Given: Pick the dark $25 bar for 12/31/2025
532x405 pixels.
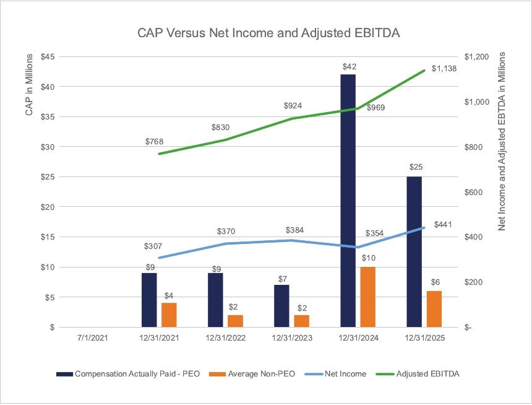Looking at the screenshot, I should [414, 251].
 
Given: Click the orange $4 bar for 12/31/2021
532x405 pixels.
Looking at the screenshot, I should [169, 315].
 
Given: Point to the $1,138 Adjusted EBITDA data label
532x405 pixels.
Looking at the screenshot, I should [444, 69].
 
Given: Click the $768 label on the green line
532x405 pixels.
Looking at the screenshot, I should [154, 142].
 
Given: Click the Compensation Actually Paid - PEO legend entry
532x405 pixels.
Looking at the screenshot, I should [130, 373].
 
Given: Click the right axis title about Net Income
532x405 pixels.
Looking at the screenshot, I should [502, 142].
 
